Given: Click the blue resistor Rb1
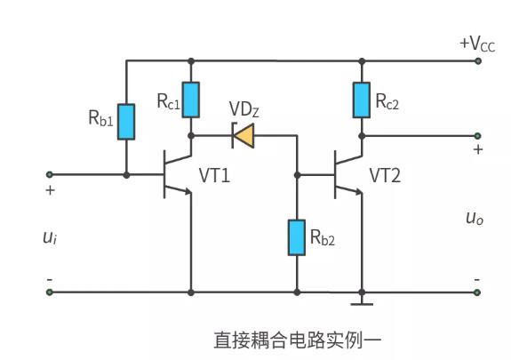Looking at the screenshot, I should [x=126, y=122].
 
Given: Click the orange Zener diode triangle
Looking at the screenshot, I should [x=244, y=136].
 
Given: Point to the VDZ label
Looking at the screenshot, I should [x=245, y=109].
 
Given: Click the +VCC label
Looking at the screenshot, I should [x=475, y=43].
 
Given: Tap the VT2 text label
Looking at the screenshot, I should [x=385, y=176].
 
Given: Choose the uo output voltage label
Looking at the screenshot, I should [x=473, y=218].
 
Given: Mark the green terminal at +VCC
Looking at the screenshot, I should [x=478, y=60].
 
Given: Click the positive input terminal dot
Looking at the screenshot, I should [x=50, y=174].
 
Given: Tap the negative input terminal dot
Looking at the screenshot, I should [x=50, y=292].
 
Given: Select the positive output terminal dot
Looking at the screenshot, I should [x=478, y=136].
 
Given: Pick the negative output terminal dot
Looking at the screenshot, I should [x=478, y=292].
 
